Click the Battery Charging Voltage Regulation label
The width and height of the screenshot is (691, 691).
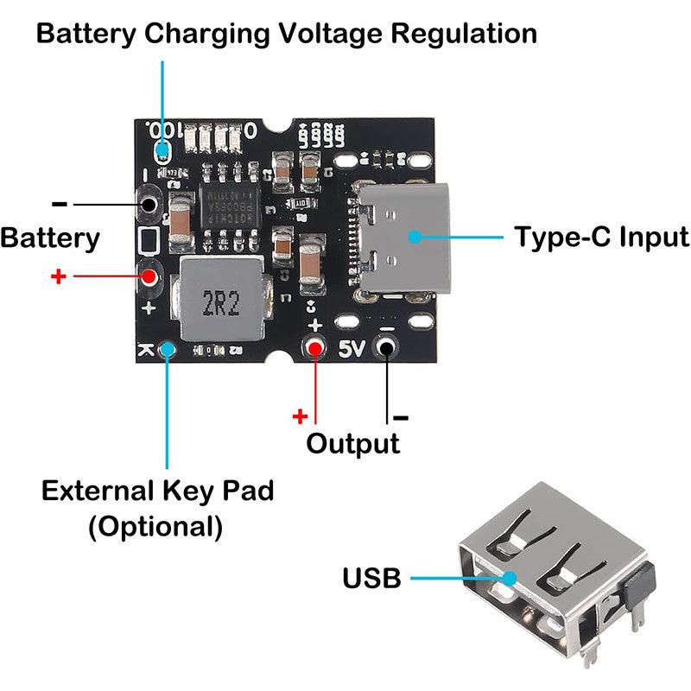point(286,34)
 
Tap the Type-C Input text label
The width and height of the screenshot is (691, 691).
point(601,237)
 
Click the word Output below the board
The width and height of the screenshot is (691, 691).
point(353,444)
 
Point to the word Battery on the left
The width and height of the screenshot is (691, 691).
point(50,238)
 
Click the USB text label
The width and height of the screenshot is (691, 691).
point(371,578)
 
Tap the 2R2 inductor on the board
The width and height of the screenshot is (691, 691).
point(220,302)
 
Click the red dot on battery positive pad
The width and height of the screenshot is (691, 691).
point(149,277)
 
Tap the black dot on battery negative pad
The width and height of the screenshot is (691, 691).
point(149,205)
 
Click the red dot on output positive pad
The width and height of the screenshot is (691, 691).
point(315,348)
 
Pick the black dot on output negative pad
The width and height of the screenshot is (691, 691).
point(387,348)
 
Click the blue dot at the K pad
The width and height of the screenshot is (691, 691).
point(168,349)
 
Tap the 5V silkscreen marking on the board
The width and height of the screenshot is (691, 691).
point(352,350)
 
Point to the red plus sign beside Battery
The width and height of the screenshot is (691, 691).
point(59,277)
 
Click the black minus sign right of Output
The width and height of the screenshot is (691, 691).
point(401,419)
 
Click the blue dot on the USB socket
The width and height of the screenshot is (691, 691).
point(509,578)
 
